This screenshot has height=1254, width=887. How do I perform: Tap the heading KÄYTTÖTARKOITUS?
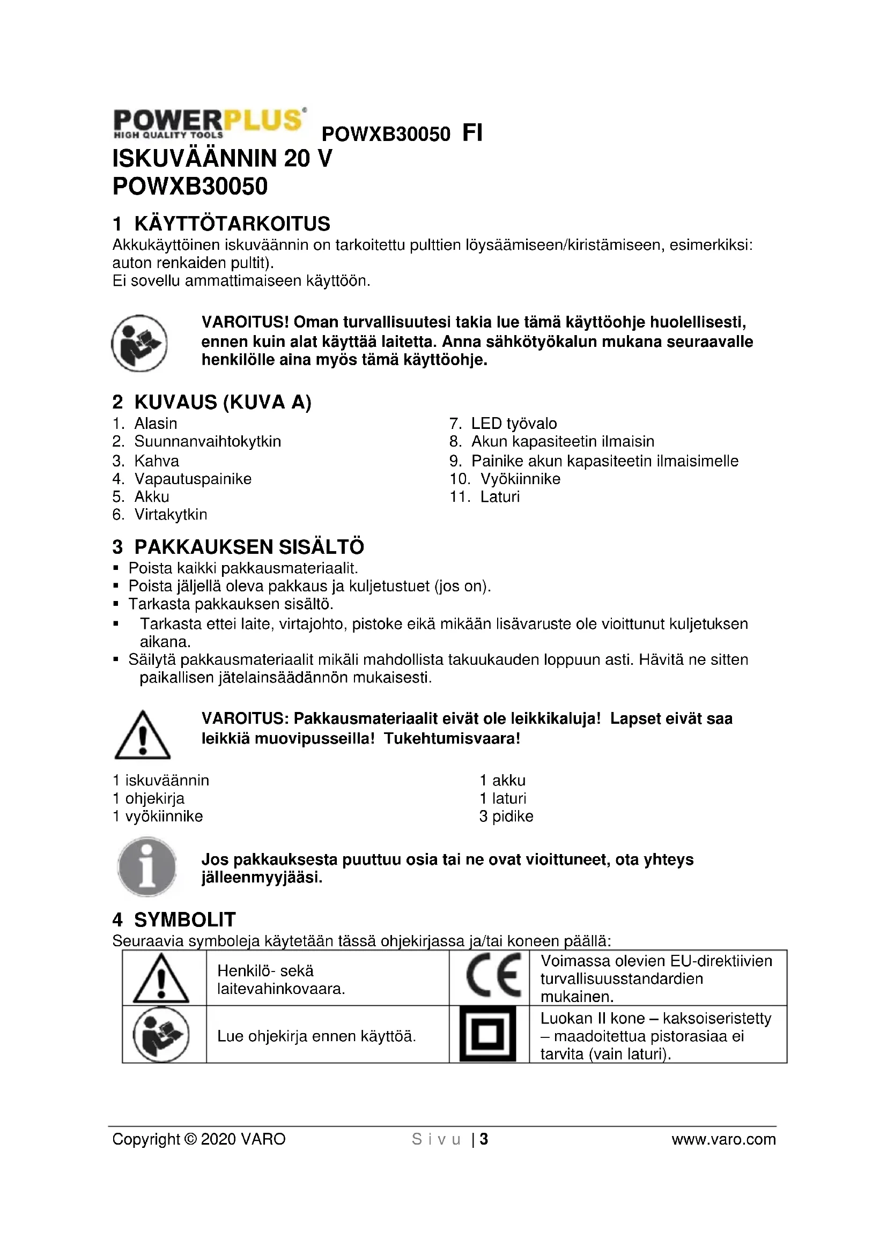232,224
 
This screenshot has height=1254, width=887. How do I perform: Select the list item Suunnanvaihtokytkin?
207,441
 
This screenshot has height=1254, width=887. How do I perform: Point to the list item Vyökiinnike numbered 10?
520,479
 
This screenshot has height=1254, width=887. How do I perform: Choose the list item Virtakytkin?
171,515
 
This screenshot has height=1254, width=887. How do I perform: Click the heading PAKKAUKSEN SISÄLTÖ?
249,547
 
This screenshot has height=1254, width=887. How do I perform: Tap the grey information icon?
146,867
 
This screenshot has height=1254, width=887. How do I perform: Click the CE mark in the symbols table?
493,978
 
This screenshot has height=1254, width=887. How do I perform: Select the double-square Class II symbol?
487,1034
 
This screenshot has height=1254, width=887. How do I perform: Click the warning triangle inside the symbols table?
161,978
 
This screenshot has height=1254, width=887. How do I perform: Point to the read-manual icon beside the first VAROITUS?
139,343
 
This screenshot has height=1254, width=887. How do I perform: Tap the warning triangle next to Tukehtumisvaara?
142,735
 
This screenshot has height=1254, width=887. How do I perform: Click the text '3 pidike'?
506,816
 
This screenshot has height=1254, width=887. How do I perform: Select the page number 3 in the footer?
483,1139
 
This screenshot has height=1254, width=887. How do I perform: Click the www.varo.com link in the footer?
723,1139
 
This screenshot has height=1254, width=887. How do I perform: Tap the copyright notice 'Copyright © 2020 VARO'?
199,1139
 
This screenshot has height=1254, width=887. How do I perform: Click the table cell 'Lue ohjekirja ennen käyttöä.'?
316,1036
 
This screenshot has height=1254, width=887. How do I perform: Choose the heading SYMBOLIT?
184,920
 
